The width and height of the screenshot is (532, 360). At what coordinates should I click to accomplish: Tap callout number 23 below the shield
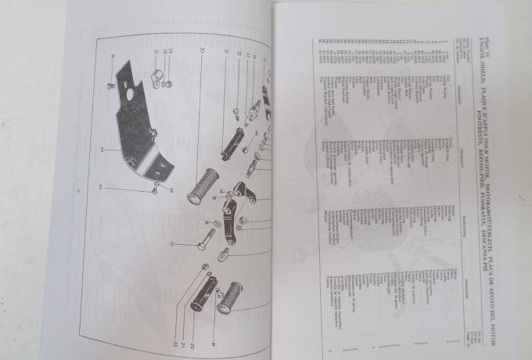tap(101, 187)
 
